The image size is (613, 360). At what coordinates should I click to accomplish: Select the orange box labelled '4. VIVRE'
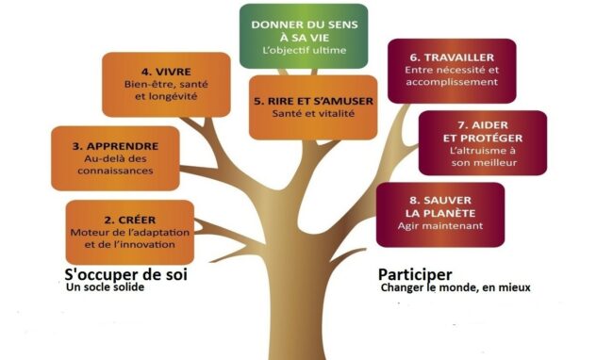point(167,84)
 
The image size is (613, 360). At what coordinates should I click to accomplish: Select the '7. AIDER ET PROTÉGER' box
point(482,143)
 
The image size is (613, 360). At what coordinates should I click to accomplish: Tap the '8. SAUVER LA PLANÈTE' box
point(439,214)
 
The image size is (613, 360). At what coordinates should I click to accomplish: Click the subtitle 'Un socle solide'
point(108,287)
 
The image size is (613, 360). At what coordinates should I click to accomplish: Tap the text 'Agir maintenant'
point(440,226)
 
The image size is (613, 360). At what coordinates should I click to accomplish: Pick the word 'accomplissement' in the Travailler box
point(451,82)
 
